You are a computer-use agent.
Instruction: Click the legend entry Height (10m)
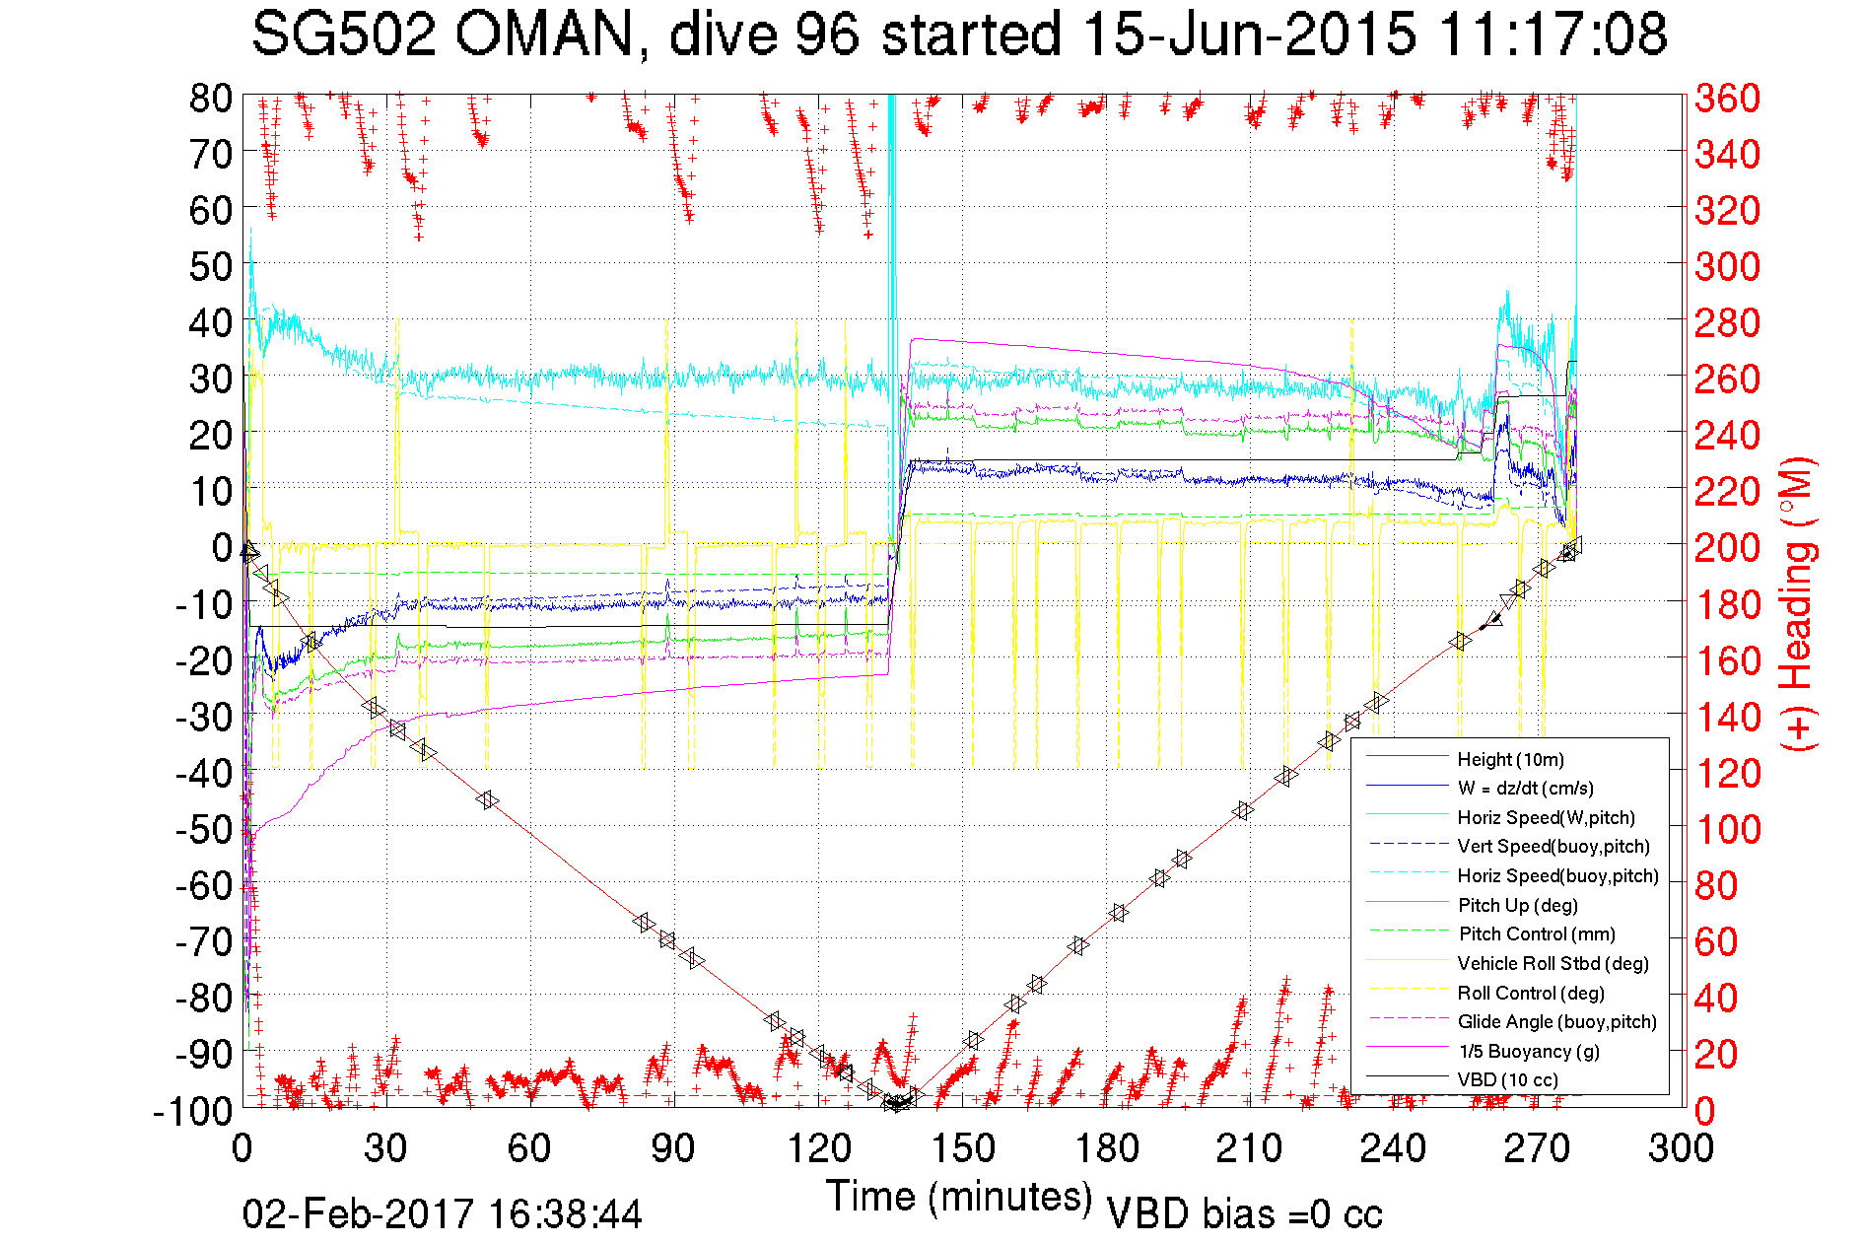click(1510, 759)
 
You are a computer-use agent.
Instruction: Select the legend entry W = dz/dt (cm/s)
click(1525, 788)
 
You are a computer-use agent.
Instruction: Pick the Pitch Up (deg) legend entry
click(1517, 905)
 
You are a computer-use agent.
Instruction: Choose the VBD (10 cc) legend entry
click(1507, 1079)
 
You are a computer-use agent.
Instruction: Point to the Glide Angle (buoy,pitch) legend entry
click(1556, 1021)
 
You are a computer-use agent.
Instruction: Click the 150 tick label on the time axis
click(962, 1148)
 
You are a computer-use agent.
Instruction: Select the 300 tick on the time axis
click(1681, 1148)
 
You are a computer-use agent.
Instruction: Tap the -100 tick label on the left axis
click(193, 1111)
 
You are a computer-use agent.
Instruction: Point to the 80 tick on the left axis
click(210, 98)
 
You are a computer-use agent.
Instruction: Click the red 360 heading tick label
click(1727, 98)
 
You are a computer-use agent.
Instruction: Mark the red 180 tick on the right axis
click(1727, 604)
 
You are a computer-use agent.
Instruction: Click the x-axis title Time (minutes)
click(959, 1197)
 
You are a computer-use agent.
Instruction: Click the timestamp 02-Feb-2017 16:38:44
click(443, 1214)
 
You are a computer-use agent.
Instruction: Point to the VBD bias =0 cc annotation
click(1244, 1214)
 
